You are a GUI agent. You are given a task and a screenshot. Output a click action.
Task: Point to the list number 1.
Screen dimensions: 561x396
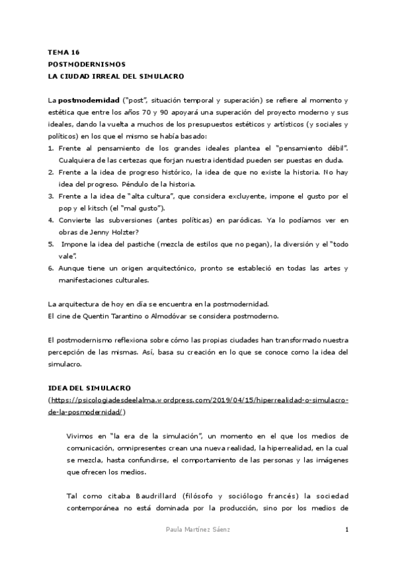pyautogui.click(x=51, y=150)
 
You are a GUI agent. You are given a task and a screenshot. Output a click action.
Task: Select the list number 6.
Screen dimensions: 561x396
pyautogui.click(x=51, y=268)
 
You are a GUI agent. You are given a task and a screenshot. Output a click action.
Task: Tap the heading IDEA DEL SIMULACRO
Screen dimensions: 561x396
pyautogui.click(x=90, y=387)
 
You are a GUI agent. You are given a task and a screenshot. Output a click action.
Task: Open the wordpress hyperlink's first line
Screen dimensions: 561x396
pyautogui.click(x=199, y=400)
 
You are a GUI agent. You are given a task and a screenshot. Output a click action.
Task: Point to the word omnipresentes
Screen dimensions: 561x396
pyautogui.click(x=138, y=448)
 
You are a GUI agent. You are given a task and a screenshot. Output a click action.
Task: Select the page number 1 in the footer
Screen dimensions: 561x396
pyautogui.click(x=346, y=530)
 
